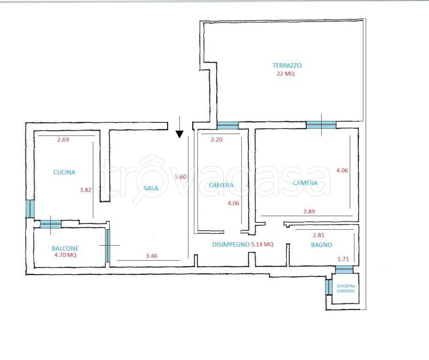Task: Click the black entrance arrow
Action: (x=180, y=127)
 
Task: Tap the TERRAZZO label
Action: (x=287, y=65)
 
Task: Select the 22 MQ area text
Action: (x=286, y=74)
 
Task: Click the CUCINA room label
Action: (x=64, y=172)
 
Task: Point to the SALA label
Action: (x=151, y=188)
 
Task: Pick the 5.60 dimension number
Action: (x=181, y=177)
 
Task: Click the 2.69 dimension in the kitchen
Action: (x=63, y=140)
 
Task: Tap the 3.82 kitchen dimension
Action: (x=85, y=190)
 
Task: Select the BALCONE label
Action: (x=65, y=248)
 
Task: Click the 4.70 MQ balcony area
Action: (x=66, y=255)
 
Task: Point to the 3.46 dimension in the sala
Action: (x=151, y=256)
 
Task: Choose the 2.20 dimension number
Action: (x=217, y=140)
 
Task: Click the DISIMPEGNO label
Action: (x=231, y=244)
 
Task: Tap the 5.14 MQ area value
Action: (x=263, y=244)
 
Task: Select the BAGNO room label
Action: (x=322, y=245)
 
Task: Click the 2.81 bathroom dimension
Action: (x=319, y=235)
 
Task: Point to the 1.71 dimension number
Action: (x=343, y=259)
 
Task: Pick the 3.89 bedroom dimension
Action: (x=309, y=211)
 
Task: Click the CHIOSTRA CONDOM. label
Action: (x=346, y=289)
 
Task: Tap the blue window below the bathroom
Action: (x=344, y=270)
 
